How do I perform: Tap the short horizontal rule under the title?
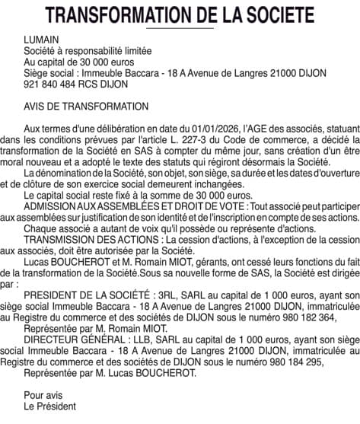pyautogui.click(x=180, y=27)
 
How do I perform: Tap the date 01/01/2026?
pyautogui.click(x=217, y=129)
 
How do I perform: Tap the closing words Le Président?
pyautogui.click(x=50, y=407)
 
